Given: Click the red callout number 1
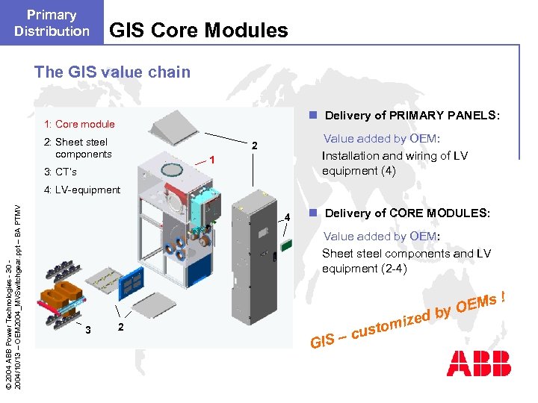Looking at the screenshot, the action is tap(213, 160).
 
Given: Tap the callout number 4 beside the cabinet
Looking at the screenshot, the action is tap(287, 218).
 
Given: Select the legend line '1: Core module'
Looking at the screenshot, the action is tap(79, 124).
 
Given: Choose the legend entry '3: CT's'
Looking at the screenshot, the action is tap(60, 172).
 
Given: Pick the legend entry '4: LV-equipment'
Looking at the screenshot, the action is tap(82, 190).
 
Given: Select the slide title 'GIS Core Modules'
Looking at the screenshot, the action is tap(198, 31).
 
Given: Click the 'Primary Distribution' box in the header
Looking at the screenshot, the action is tap(52, 23).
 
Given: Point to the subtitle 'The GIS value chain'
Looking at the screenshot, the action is tap(112, 72).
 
